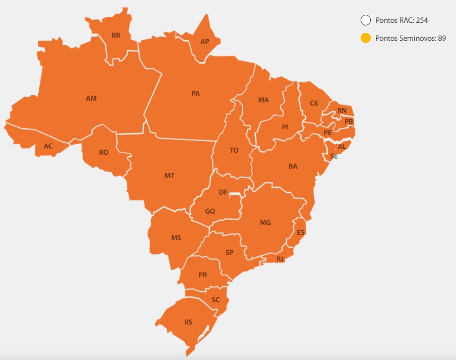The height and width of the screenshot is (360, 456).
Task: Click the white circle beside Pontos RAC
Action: tap(365, 21)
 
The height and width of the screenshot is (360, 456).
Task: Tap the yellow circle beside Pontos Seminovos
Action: tap(365, 38)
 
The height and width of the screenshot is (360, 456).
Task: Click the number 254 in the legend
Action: tap(422, 21)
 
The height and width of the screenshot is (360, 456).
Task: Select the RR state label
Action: tap(115, 36)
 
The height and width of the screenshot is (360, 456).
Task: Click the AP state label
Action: tap(204, 41)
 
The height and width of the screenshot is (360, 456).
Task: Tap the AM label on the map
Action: tap(91, 98)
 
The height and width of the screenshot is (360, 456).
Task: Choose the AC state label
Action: tap(48, 146)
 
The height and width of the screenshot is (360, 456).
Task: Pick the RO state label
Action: tap(104, 152)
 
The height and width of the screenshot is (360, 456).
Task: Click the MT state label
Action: tap(169, 175)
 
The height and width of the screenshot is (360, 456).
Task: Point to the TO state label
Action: tap(234, 150)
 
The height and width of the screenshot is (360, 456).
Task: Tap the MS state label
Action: tap(176, 238)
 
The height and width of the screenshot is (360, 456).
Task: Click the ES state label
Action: tap(301, 232)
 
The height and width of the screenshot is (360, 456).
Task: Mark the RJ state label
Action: tap(280, 259)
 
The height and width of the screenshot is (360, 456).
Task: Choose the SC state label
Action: tap(216, 300)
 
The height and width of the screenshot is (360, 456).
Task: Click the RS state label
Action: tap(189, 322)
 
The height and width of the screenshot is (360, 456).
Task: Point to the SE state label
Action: tap(334, 156)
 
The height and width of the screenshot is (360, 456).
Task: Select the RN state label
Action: tap(342, 110)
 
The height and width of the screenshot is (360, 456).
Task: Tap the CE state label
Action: tap(314, 103)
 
